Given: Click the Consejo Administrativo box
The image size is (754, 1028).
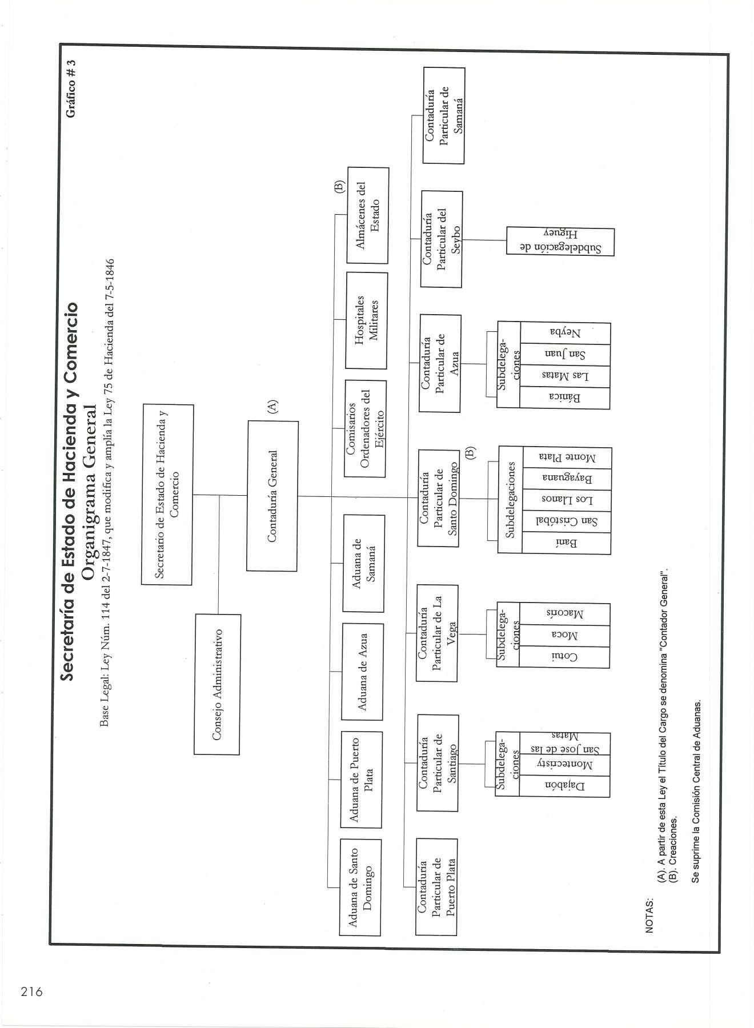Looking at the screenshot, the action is click(217, 684).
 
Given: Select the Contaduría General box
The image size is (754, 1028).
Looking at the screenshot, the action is click(272, 496).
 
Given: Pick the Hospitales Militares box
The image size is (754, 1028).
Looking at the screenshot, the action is click(367, 320).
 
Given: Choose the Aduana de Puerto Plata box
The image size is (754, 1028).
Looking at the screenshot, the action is click(361, 779).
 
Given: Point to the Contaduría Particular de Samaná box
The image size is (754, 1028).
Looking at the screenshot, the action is click(443, 116).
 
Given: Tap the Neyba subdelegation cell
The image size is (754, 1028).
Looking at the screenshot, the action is click(565, 333).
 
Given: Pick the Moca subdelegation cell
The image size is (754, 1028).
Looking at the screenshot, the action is click(564, 636).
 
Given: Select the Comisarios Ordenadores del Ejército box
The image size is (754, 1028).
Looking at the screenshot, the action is click(364, 428).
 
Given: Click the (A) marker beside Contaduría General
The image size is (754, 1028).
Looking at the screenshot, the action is click(272, 406).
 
